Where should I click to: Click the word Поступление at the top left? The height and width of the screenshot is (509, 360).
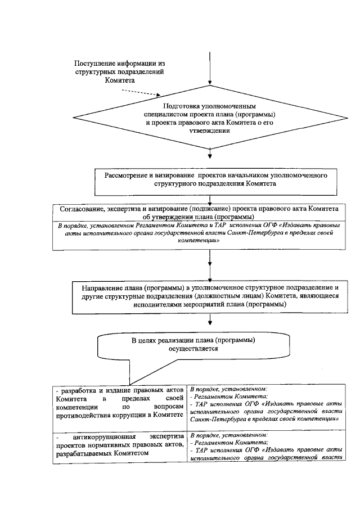96,64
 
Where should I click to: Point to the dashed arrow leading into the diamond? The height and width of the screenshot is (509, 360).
140,92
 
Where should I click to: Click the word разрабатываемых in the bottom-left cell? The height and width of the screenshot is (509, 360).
84,453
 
